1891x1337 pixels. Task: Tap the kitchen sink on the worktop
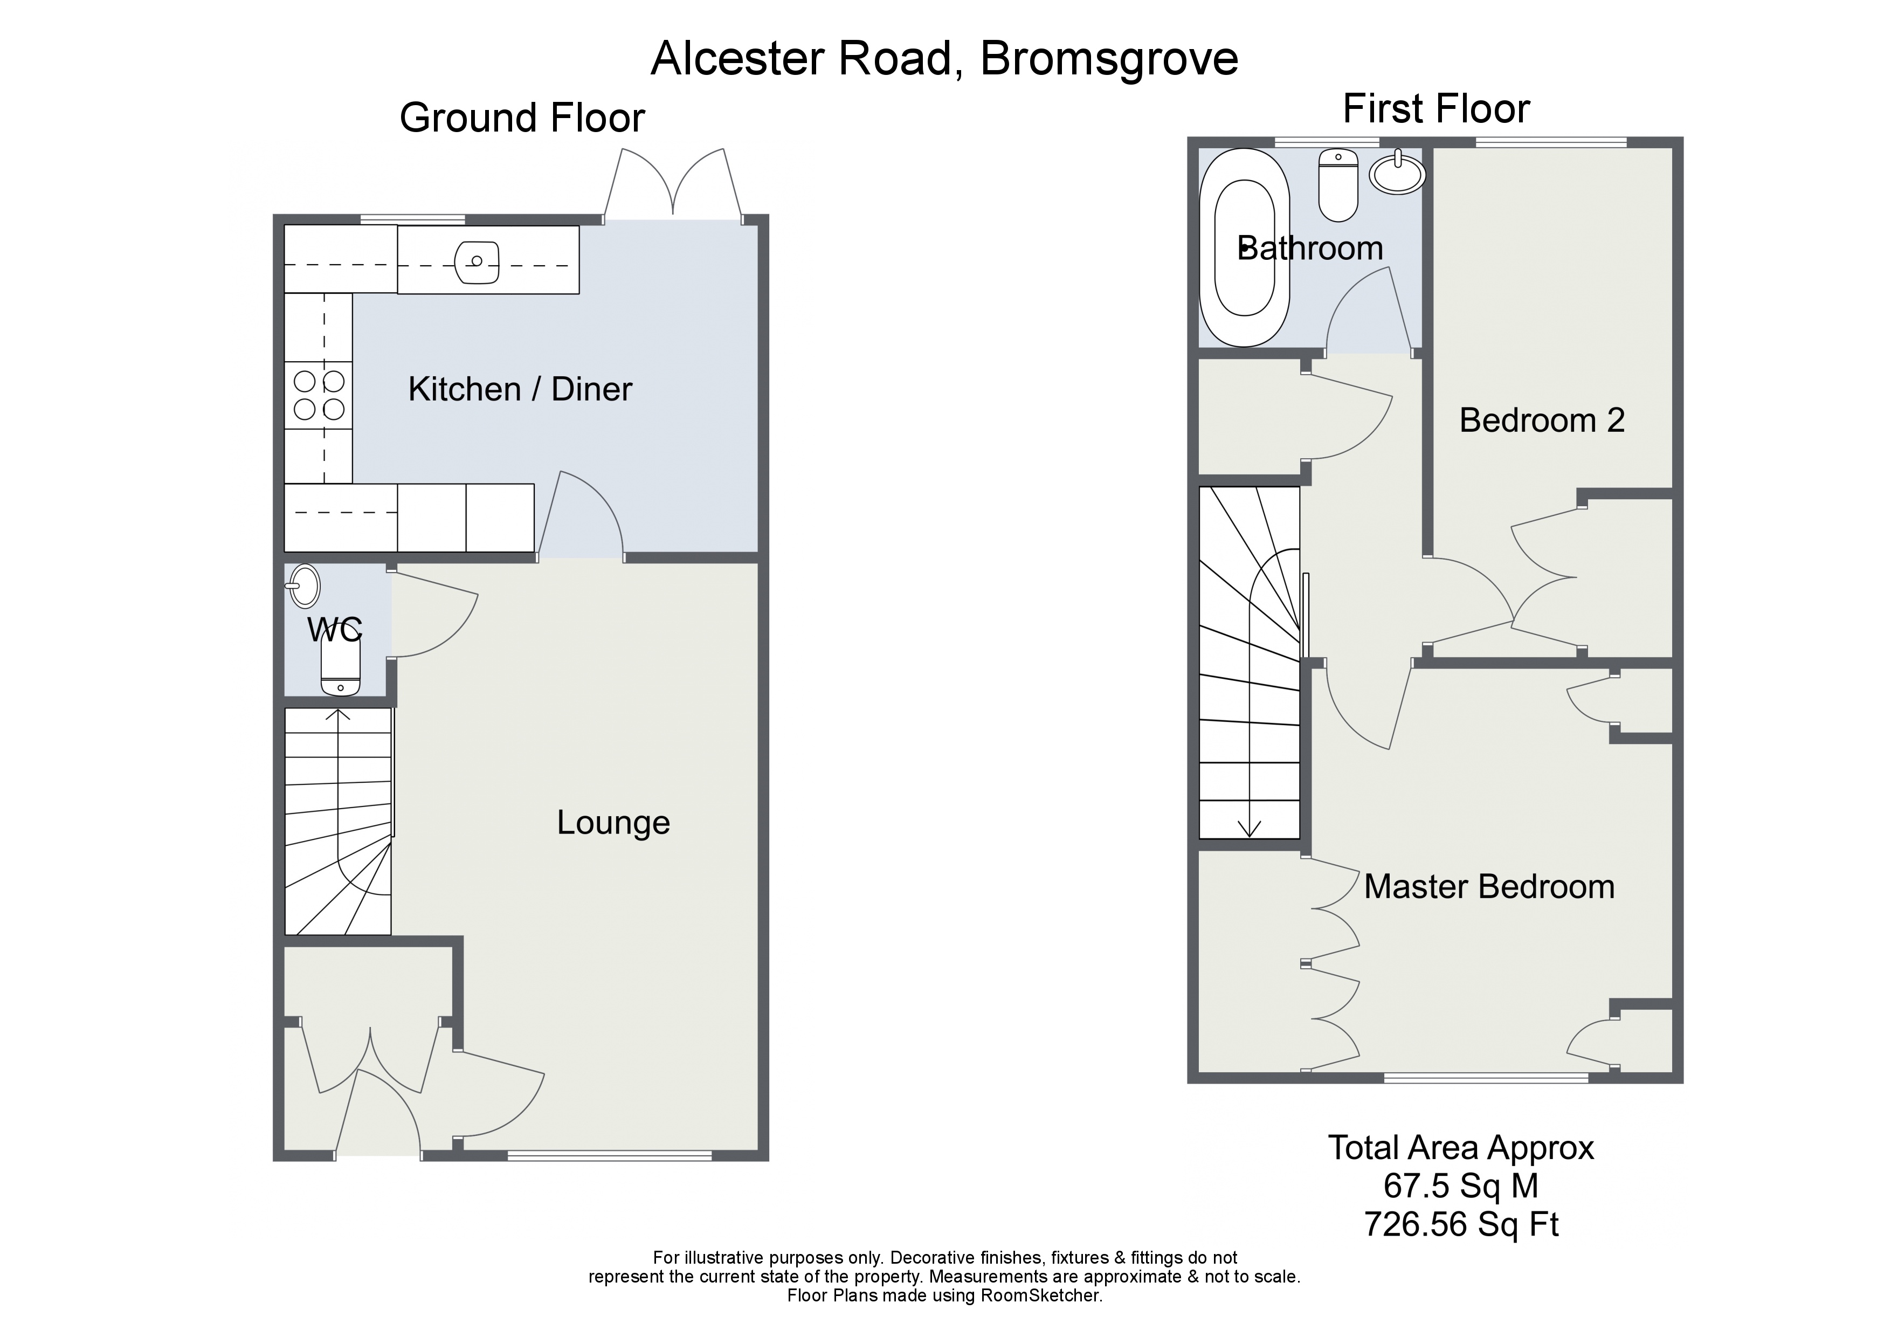(x=477, y=262)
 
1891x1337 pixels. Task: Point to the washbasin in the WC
(x=304, y=585)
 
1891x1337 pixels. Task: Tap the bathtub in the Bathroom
(x=1245, y=247)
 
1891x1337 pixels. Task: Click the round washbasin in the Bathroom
(x=1398, y=174)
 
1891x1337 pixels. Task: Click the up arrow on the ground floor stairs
(x=337, y=715)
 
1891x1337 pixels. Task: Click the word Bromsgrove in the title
(x=1109, y=58)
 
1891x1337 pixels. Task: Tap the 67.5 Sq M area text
(x=1461, y=1186)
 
